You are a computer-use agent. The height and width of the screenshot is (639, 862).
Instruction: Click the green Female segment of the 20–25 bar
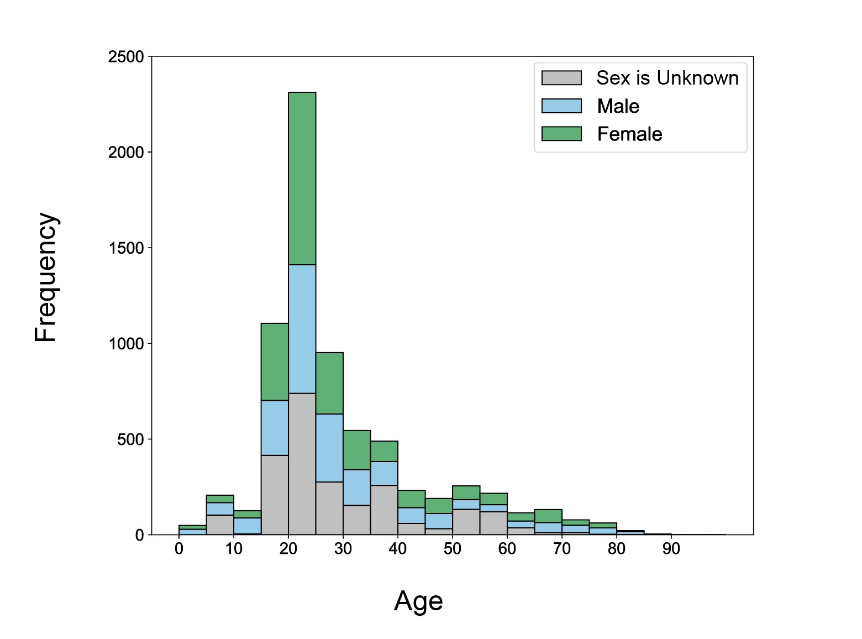pyautogui.click(x=302, y=178)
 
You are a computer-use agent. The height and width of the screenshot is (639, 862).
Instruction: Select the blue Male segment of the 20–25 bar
pyautogui.click(x=302, y=329)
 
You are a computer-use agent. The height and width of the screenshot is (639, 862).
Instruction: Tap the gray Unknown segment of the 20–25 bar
pyautogui.click(x=302, y=464)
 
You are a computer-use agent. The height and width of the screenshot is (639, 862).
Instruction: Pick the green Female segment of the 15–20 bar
pyautogui.click(x=275, y=362)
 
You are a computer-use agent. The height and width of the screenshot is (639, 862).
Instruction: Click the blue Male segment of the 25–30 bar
pyautogui.click(x=329, y=448)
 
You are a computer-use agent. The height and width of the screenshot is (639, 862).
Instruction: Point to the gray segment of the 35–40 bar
pyautogui.click(x=384, y=510)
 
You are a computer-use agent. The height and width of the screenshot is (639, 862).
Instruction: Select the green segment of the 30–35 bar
pyautogui.click(x=356, y=450)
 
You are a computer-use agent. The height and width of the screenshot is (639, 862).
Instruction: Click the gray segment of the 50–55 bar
pyautogui.click(x=466, y=522)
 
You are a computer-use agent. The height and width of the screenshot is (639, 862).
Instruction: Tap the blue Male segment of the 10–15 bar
pyautogui.click(x=247, y=526)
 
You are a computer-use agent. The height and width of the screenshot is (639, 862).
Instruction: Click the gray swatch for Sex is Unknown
pyautogui.click(x=561, y=78)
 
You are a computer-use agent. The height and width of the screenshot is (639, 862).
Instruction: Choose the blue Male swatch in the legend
pyautogui.click(x=561, y=106)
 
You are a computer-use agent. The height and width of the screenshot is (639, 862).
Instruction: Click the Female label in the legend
pyautogui.click(x=629, y=134)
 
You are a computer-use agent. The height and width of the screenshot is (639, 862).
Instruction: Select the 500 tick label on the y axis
pyautogui.click(x=132, y=439)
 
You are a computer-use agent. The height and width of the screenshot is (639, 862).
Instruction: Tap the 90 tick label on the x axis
pyautogui.click(x=671, y=549)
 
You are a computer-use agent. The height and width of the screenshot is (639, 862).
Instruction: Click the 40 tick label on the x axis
pyautogui.click(x=397, y=549)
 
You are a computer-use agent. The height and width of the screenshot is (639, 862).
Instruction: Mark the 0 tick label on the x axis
pyautogui.click(x=179, y=549)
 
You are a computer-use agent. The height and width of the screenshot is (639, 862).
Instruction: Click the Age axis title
pyautogui.click(x=418, y=601)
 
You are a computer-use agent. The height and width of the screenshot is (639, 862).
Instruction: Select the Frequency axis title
pyautogui.click(x=45, y=277)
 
